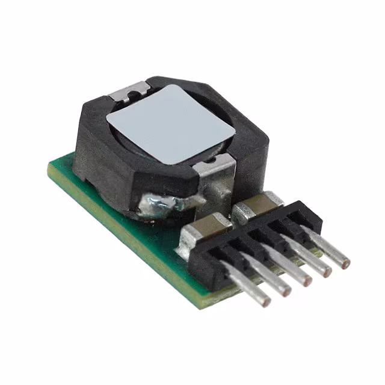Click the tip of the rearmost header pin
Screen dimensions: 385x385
[345, 262]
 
